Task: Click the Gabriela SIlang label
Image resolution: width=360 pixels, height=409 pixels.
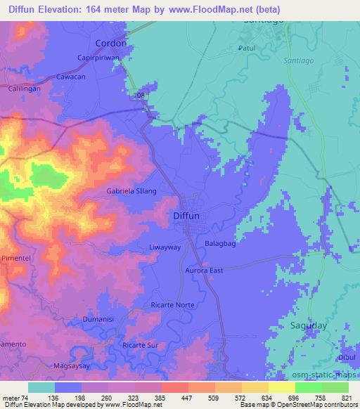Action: click(122, 190)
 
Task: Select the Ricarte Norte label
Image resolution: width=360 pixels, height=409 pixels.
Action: click(172, 304)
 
